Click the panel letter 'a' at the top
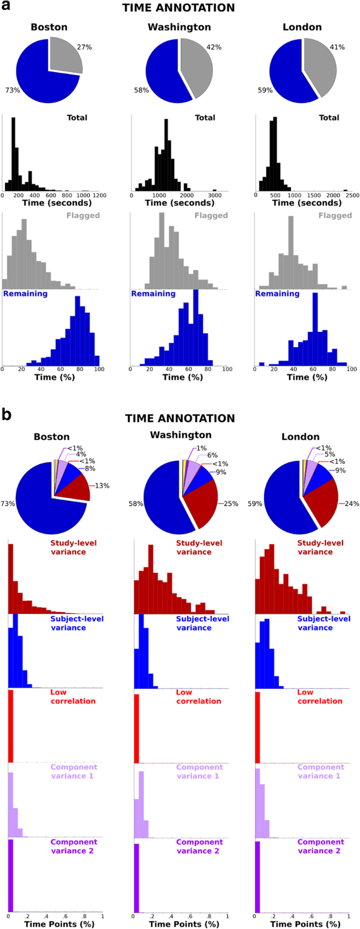(x=7, y=7)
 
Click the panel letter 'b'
(x=7, y=415)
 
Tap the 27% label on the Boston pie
(x=84, y=47)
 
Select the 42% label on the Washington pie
(x=214, y=47)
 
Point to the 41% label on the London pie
(x=337, y=47)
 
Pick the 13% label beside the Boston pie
(x=102, y=486)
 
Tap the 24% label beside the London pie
(x=352, y=504)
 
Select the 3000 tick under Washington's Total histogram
(x=214, y=195)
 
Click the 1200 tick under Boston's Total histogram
(x=99, y=195)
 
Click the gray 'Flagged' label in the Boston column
(x=83, y=216)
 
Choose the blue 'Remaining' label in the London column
(x=276, y=294)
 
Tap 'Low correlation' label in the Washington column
(x=199, y=697)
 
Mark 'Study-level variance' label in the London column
(x=320, y=547)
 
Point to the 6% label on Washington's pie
(x=212, y=455)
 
